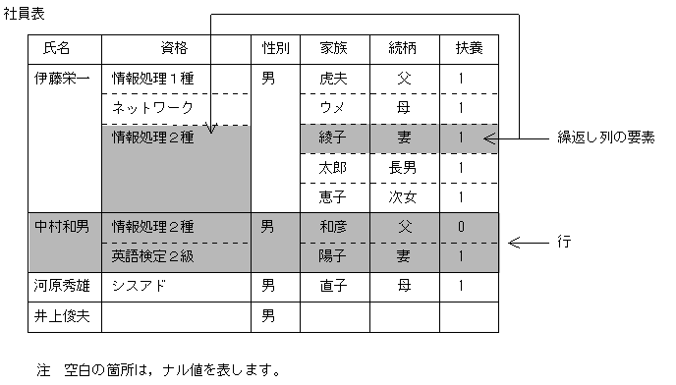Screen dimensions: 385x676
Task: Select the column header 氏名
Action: [58, 48]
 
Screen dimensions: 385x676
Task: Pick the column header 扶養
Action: [460, 48]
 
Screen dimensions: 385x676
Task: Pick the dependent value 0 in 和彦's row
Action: [460, 228]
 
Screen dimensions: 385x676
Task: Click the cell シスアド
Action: [137, 286]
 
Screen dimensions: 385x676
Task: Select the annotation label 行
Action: [565, 241]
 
